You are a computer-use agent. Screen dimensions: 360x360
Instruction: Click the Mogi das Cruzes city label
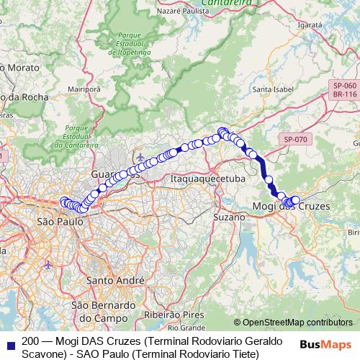pos(292,207)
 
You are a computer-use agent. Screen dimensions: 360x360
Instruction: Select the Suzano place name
pos(228,217)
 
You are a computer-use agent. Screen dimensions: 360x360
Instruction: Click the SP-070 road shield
pos(295,138)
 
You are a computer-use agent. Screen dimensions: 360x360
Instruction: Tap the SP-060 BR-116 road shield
pos(345,89)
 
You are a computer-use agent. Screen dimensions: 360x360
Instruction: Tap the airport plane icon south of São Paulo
pos(48,264)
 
